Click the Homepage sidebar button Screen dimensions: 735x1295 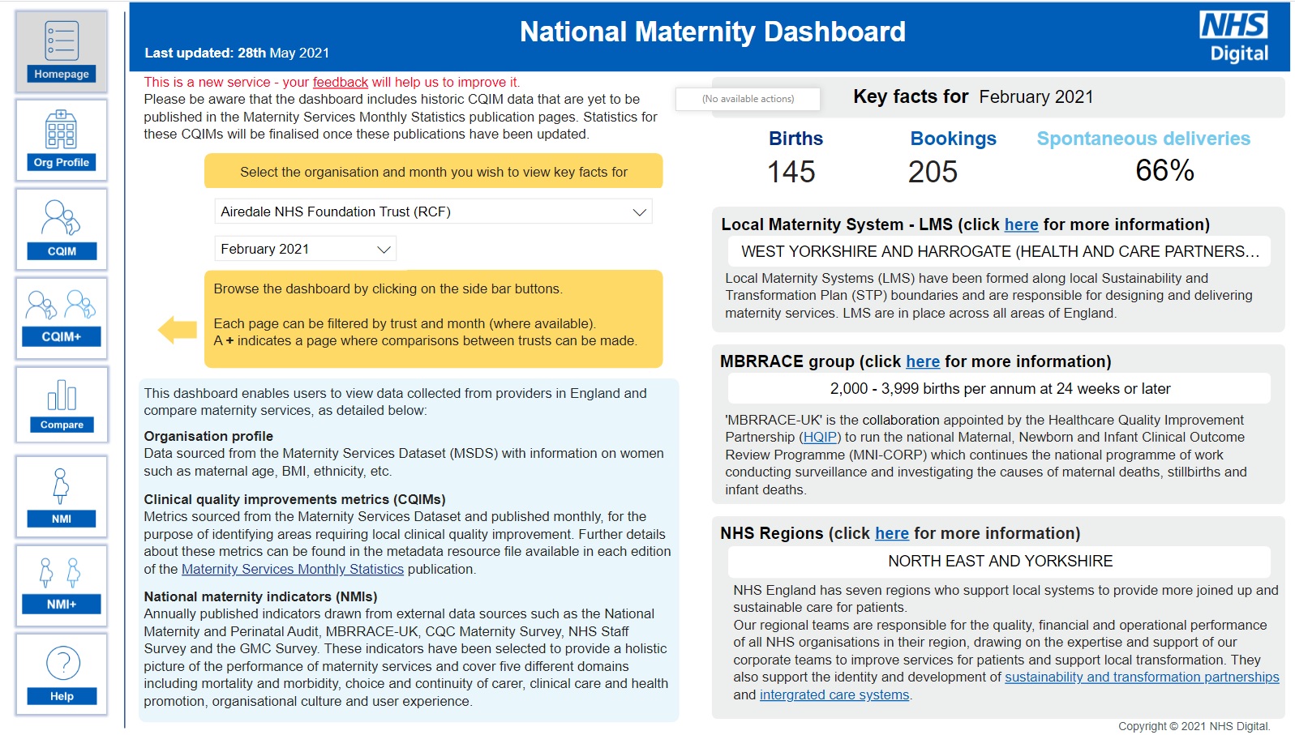point(62,52)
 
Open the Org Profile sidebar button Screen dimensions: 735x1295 point(62,140)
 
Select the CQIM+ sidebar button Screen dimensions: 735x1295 point(62,318)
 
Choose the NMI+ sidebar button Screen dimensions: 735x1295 point(62,585)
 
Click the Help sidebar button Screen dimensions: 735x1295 point(62,674)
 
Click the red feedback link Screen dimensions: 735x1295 point(340,82)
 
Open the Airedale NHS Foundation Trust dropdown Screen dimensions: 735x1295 point(433,212)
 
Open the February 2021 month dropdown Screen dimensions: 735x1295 point(305,249)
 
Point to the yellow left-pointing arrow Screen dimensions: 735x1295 point(178,330)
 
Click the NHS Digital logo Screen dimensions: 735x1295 point(1233,36)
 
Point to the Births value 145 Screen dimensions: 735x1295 point(791,172)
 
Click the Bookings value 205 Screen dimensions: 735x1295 point(933,172)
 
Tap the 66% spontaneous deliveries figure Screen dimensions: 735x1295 point(1164,170)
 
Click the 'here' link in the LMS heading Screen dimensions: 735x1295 point(1021,224)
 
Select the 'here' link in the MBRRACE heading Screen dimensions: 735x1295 point(923,361)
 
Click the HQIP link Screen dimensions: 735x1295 point(820,437)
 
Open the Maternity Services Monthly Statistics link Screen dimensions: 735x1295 point(293,569)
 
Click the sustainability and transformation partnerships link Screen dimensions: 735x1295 point(1142,677)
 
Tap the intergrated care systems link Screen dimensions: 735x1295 point(834,694)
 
